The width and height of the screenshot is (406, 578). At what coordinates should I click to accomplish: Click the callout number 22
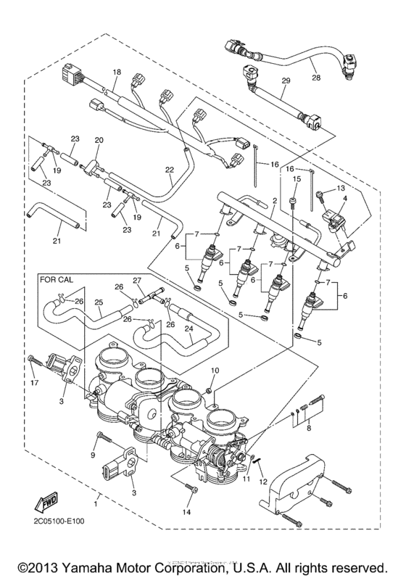point(169,170)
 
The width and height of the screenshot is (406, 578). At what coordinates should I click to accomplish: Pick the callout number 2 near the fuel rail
point(275,179)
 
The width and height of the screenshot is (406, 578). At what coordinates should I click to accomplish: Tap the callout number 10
point(215,371)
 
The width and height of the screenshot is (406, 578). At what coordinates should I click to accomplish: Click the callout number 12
point(263,482)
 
